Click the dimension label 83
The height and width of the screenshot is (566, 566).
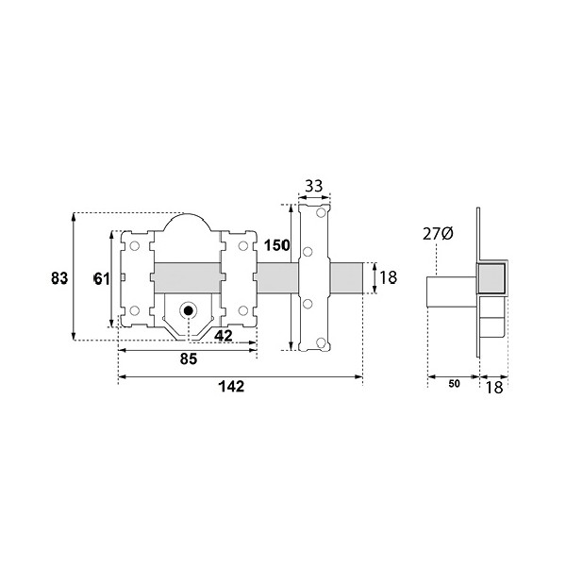[x=59, y=278]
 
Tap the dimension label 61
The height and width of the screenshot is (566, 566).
[x=102, y=278]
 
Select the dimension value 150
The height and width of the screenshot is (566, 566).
[x=276, y=245]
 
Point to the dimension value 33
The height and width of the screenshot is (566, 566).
[x=314, y=187]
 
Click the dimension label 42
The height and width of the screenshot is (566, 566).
[x=224, y=336]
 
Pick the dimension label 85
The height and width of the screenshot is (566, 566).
[x=189, y=359]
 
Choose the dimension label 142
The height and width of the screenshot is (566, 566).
[x=231, y=387]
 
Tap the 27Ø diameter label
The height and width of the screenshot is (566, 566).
[x=438, y=234]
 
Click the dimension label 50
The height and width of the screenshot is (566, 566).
[x=455, y=384]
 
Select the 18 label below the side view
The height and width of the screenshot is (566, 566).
[x=494, y=388]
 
